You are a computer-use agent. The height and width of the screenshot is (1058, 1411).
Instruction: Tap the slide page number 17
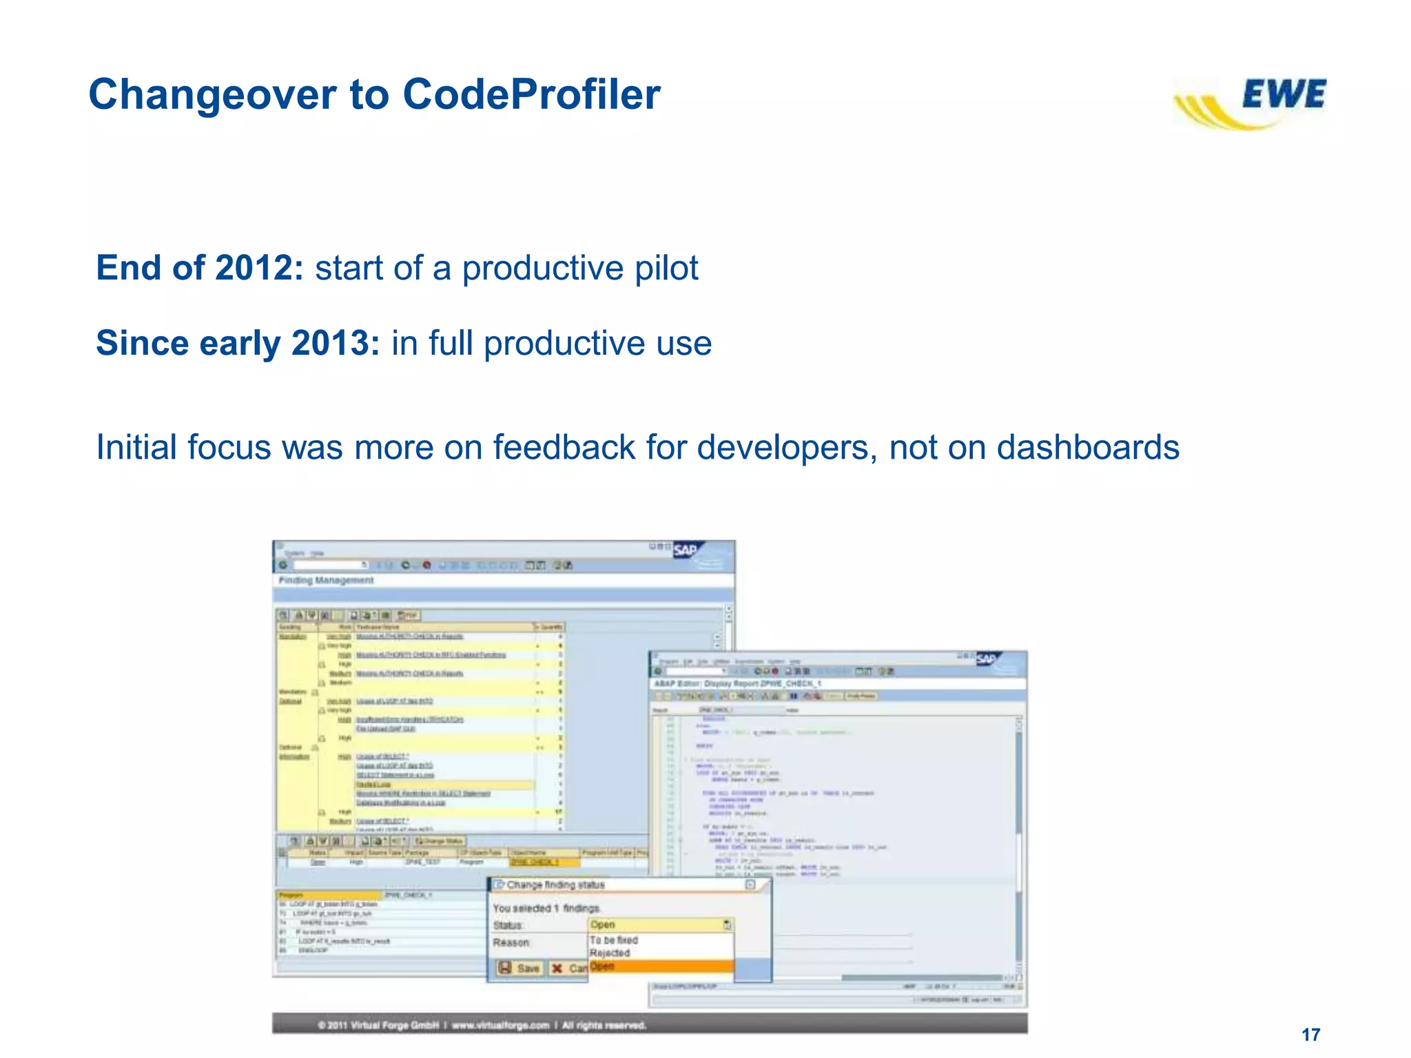click(1310, 1035)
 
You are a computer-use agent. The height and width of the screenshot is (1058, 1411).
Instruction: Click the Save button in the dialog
click(520, 968)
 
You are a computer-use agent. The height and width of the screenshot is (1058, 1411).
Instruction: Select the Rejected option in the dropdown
click(610, 953)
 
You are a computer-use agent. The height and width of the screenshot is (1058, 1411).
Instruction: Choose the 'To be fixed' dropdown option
click(613, 940)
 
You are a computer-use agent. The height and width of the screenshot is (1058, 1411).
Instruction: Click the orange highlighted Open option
click(603, 966)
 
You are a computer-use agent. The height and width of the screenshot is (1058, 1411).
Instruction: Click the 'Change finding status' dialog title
click(555, 884)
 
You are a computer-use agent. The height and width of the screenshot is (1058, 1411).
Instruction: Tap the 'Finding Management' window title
click(326, 580)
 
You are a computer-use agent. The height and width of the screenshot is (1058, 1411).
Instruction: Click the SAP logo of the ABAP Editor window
click(987, 659)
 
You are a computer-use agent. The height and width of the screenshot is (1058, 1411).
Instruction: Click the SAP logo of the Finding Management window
click(686, 550)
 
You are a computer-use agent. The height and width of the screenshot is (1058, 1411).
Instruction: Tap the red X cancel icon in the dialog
click(557, 968)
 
